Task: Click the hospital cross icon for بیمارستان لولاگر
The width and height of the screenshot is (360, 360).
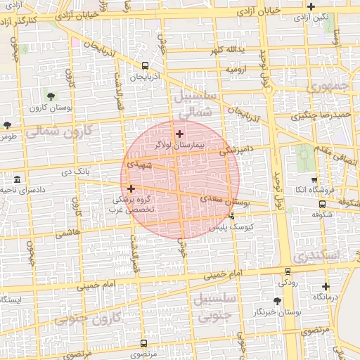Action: (x=179, y=134)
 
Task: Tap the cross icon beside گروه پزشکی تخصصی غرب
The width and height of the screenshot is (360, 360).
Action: (x=131, y=188)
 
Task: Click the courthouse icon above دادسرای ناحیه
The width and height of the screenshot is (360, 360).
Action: (x=17, y=179)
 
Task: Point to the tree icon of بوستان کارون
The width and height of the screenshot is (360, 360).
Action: (x=51, y=96)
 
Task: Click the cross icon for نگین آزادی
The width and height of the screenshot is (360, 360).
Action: (x=311, y=6)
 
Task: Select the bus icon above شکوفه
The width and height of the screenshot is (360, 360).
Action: (x=322, y=205)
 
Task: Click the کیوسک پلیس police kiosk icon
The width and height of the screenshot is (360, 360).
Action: (x=231, y=217)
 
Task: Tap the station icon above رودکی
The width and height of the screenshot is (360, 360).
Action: (x=288, y=271)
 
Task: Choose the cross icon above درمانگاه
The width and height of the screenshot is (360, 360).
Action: (x=325, y=286)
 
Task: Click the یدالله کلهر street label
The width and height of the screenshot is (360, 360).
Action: (x=226, y=50)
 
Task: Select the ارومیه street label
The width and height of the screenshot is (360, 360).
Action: (x=235, y=70)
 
